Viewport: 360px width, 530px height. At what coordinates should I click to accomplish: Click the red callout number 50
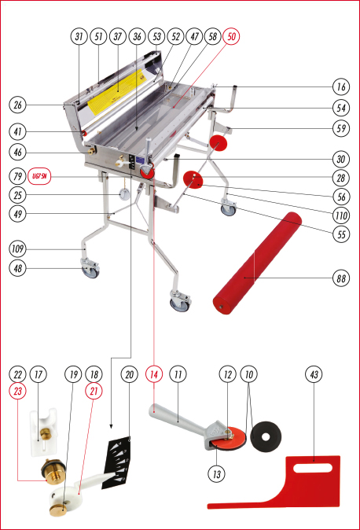click(x=231, y=36)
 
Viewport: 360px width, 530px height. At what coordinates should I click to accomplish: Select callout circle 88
click(x=341, y=278)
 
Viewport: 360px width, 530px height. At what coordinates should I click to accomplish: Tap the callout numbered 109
click(x=17, y=249)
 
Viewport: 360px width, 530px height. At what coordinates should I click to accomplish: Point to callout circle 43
click(x=314, y=374)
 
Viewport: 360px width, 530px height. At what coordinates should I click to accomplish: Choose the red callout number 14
click(x=154, y=374)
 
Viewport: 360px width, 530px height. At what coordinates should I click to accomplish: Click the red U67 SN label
click(x=39, y=176)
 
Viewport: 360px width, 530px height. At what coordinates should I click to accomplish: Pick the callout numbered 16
click(x=341, y=86)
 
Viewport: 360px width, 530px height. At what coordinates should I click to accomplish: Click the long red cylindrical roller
click(x=257, y=263)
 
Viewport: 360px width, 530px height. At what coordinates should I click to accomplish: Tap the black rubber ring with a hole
click(x=266, y=437)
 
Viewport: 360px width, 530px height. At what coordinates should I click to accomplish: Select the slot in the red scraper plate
click(x=313, y=468)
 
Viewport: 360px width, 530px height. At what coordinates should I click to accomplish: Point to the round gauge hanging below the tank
click(x=124, y=194)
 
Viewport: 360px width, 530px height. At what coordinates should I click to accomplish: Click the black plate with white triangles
click(x=116, y=462)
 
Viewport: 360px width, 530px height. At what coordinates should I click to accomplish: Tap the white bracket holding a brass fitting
click(x=43, y=432)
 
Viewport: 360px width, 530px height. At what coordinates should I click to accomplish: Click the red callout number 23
click(x=17, y=391)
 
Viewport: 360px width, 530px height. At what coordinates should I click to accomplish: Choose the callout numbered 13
click(x=216, y=474)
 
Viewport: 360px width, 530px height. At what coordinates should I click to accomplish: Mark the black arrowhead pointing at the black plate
click(x=111, y=426)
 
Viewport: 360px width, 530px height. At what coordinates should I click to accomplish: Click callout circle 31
click(x=79, y=36)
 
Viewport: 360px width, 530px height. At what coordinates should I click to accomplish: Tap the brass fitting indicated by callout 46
click(x=91, y=151)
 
